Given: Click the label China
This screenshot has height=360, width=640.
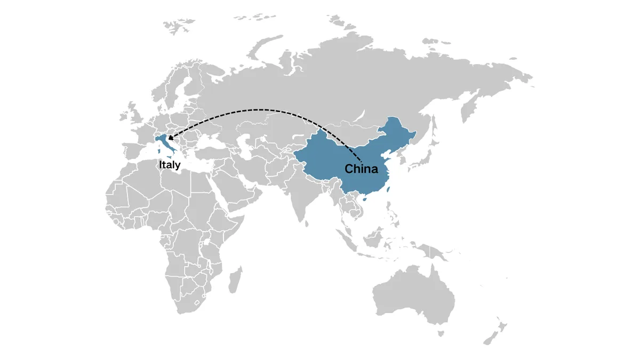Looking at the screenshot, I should [361, 170].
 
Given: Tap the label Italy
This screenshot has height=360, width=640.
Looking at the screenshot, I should [169, 165].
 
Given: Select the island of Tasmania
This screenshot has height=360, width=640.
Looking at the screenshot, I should [441, 333].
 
